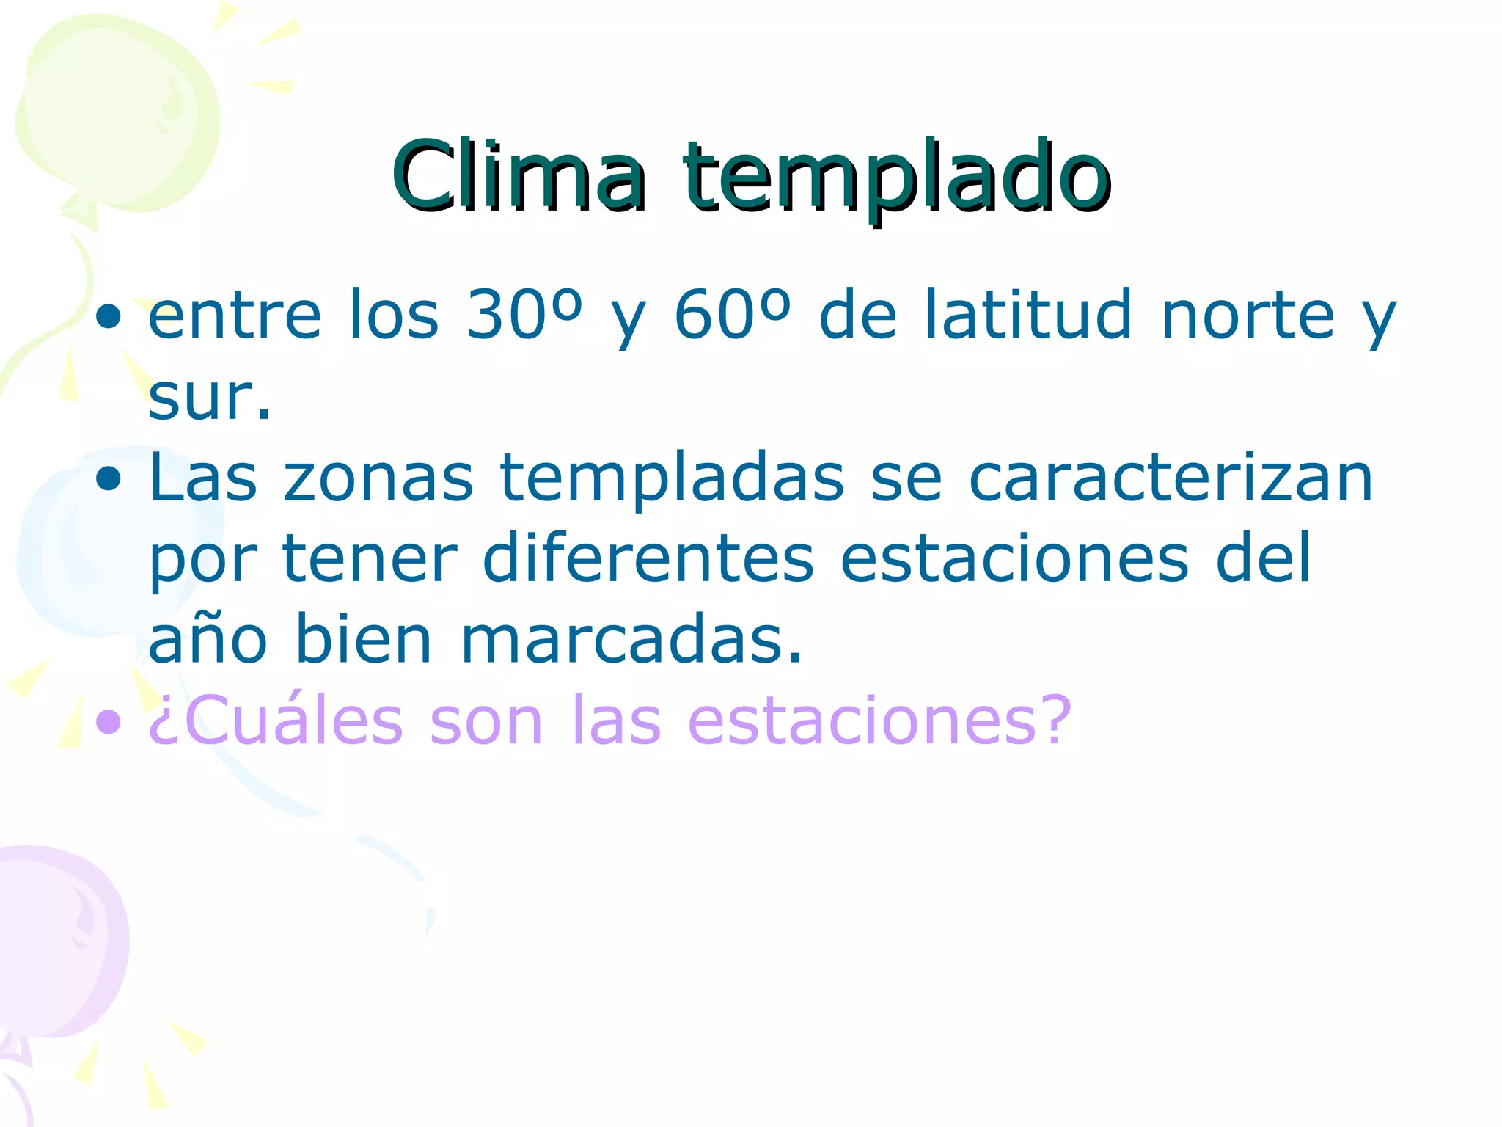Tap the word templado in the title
tap(896, 180)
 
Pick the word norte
tap(1248, 316)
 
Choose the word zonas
tap(378, 478)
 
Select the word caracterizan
tap(1171, 478)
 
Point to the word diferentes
tap(648, 559)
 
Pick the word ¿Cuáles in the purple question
tap(276, 721)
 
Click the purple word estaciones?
tap(880, 721)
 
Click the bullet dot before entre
tap(109, 317)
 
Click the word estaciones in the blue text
tap(1014, 559)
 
